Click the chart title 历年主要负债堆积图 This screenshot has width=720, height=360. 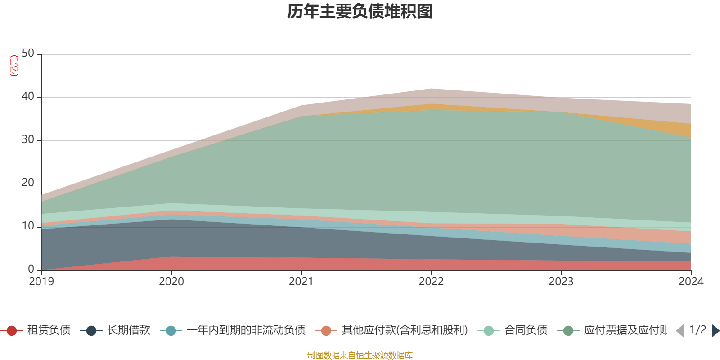360,12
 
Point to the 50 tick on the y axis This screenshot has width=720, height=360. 28,54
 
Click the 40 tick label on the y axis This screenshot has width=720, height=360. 28,96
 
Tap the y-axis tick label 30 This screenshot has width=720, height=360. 28,139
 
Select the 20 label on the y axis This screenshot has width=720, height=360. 28,183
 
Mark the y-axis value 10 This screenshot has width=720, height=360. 28,226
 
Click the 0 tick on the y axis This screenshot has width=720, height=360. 31,269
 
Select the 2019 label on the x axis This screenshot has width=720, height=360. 41,282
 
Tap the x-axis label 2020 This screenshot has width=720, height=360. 171,282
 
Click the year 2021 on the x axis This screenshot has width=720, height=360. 301,282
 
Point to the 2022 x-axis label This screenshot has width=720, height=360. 431,282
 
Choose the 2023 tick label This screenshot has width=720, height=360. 561,282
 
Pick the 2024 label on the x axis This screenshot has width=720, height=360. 691,282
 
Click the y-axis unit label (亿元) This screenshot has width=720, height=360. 14,66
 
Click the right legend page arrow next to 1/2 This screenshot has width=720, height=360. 715,331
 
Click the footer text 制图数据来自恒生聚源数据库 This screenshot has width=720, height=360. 360,355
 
